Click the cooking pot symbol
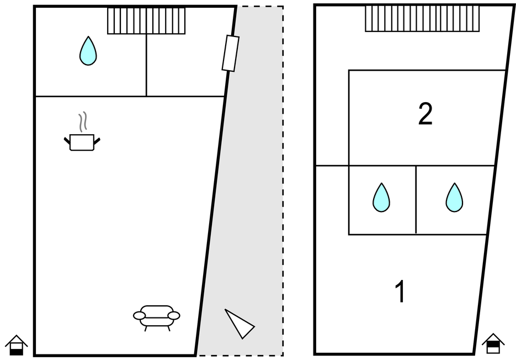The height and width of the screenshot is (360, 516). click(82, 142)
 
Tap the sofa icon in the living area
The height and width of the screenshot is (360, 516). click(157, 316)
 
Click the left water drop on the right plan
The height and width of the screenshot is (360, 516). click(381, 198)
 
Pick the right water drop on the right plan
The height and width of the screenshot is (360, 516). click(454, 198)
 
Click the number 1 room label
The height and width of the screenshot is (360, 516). click(401, 292)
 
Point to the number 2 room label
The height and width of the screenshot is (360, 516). click(425, 114)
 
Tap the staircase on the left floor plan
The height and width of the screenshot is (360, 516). click(146, 21)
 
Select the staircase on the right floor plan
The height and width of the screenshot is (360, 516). click(422, 19)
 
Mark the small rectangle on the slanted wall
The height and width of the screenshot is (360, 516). click(231, 53)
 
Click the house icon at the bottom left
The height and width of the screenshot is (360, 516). click(17, 345)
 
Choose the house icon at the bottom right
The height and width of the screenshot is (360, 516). click(493, 343)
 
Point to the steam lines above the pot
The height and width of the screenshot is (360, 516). click(83, 122)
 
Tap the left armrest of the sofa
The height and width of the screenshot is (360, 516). click(140, 315)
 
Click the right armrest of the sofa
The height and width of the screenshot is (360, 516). click(174, 315)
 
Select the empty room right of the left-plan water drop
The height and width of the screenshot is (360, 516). click(185, 65)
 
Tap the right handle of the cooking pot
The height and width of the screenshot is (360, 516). click(97, 141)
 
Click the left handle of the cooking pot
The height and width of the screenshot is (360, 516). click(67, 141)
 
